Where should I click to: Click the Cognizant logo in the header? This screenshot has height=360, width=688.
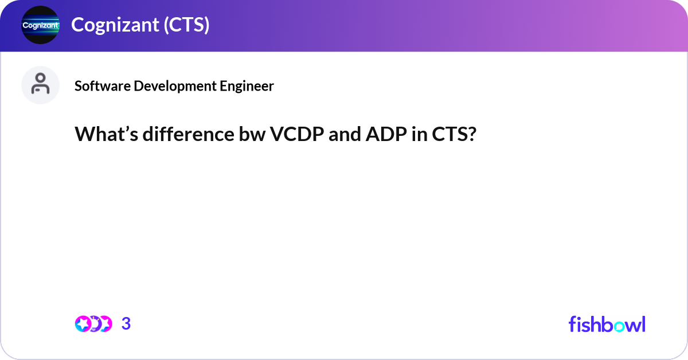point(40,25)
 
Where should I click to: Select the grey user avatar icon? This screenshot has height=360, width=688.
point(40,85)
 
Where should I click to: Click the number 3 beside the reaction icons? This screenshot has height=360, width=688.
point(126,324)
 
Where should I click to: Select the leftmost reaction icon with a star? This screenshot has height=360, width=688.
point(83,324)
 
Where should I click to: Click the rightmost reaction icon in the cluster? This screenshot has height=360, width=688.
point(105,324)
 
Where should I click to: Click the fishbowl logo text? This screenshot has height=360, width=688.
point(607,324)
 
